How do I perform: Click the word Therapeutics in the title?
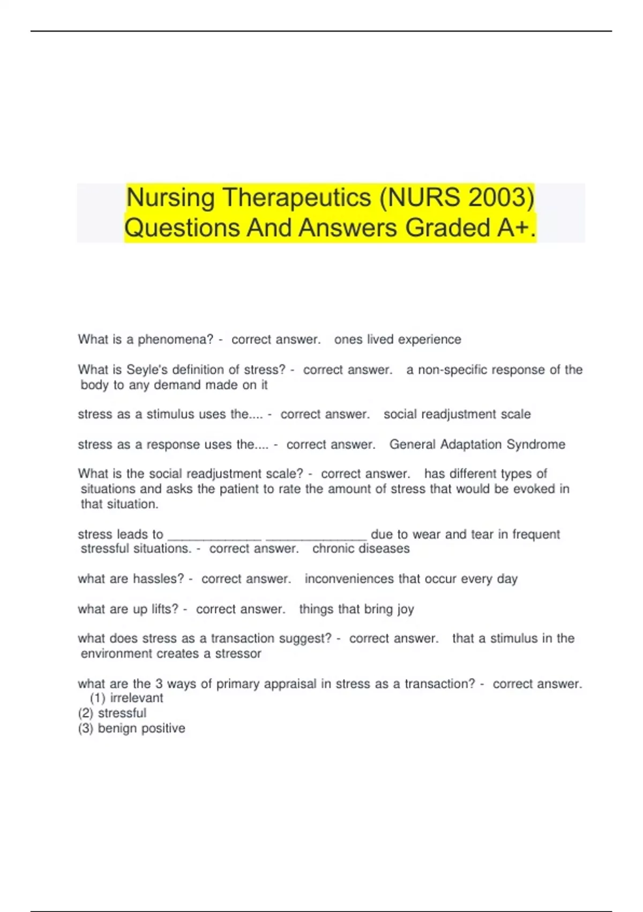[296, 198]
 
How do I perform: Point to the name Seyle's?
[146, 370]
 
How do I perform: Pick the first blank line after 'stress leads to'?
[215, 536]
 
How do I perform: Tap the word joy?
[405, 609]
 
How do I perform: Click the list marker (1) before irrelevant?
[97, 698]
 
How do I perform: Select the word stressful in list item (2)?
[122, 714]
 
